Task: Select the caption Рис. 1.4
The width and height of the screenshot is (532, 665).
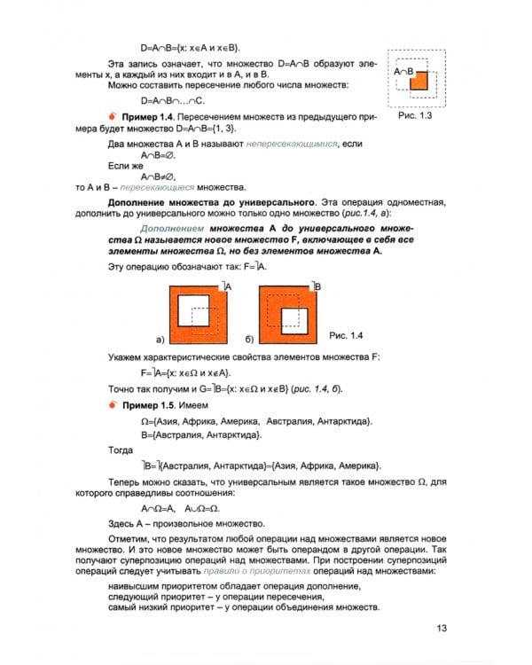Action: (347, 334)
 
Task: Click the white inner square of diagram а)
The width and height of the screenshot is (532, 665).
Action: (194, 312)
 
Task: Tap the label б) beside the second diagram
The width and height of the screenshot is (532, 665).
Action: (249, 340)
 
